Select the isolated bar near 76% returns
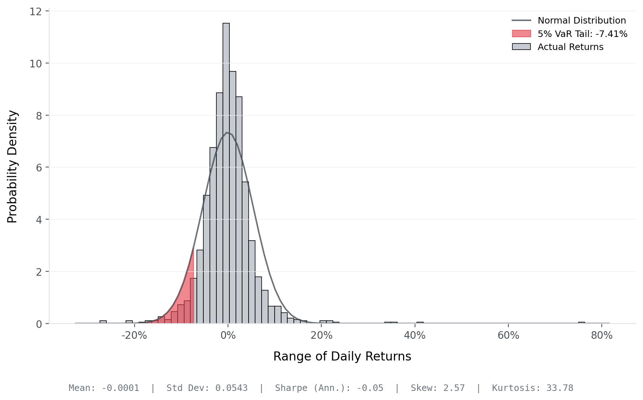[581, 322]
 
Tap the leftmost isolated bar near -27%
[103, 322]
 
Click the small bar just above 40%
[420, 322]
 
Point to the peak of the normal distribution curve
[227, 133]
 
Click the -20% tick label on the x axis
[134, 336]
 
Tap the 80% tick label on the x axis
[602, 336]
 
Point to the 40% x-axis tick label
[415, 336]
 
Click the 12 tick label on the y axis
[36, 12]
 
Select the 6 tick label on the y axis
[39, 168]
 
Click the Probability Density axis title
[12, 167]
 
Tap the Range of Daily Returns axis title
[342, 357]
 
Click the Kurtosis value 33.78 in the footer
[560, 388]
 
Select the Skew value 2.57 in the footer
[454, 388]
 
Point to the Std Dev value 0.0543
[232, 388]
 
